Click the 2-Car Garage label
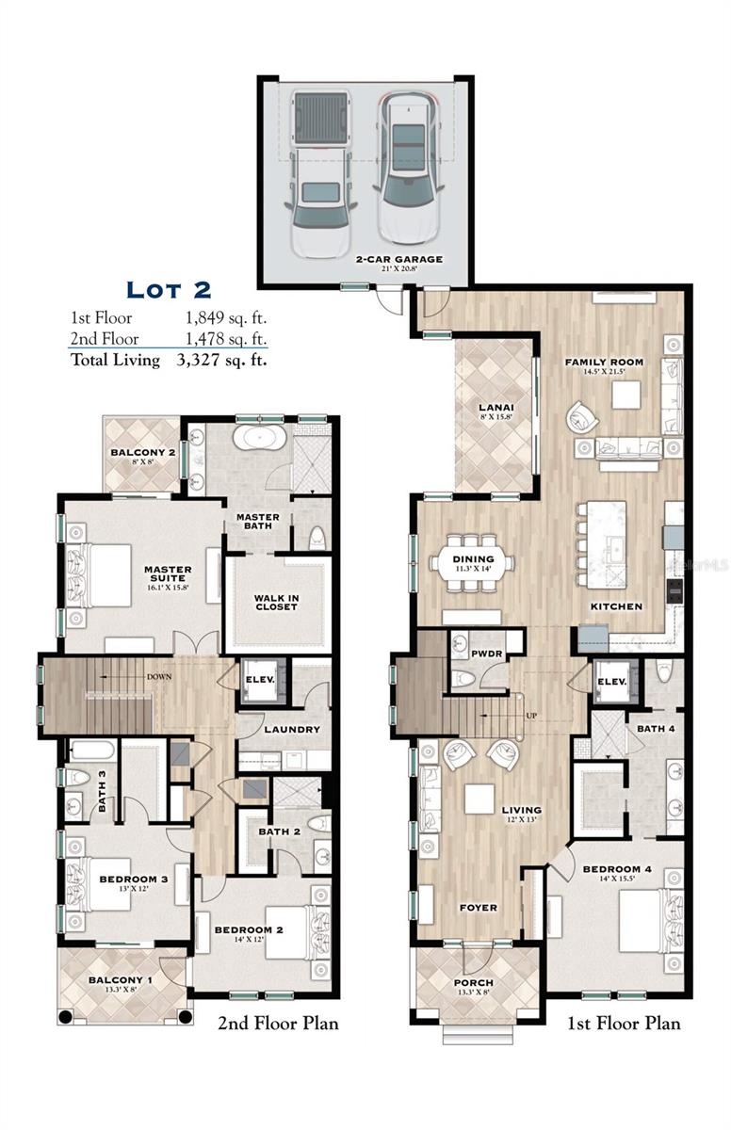click(399, 259)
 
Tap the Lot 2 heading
click(169, 290)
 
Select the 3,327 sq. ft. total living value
click(221, 360)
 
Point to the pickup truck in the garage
click(320, 174)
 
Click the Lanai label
click(496, 407)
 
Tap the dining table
click(473, 562)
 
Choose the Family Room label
click(604, 362)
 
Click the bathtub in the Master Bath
click(259, 437)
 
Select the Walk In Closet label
click(276, 603)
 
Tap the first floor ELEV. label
click(612, 682)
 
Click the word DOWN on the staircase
click(159, 676)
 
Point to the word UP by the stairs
click(531, 716)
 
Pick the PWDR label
click(486, 654)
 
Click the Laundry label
click(292, 730)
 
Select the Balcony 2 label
click(143, 453)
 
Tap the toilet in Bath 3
click(76, 778)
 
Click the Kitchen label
click(616, 606)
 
